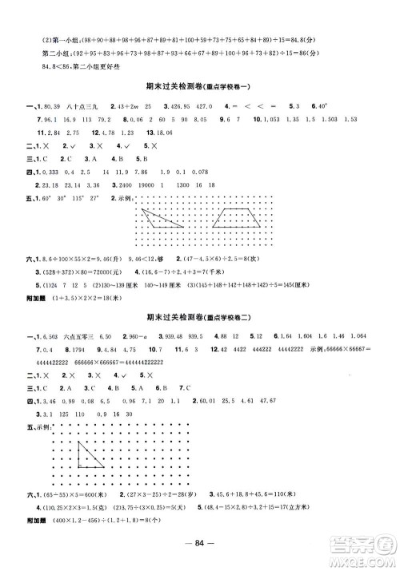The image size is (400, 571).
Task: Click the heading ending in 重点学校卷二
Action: pyautogui.click(x=201, y=295)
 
